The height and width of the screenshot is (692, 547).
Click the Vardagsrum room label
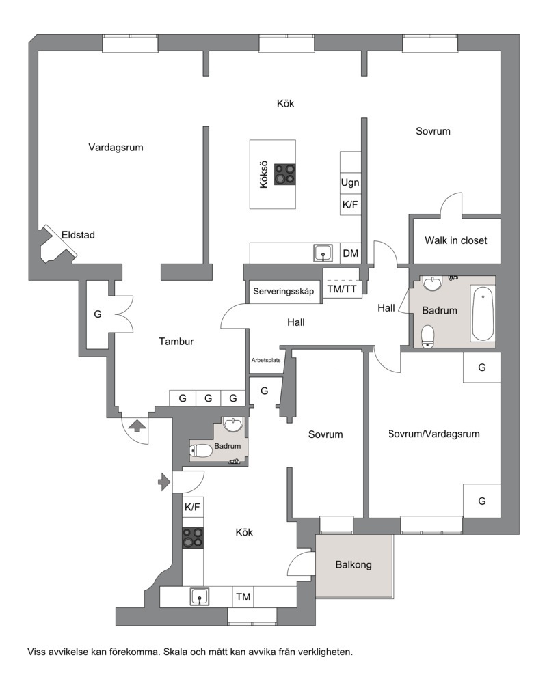116,148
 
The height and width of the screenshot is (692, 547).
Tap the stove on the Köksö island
285,174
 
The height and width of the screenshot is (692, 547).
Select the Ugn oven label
350,182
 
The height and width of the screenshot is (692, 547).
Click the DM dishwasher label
350,253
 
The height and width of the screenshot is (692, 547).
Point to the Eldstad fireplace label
78,235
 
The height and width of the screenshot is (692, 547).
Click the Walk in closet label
456,240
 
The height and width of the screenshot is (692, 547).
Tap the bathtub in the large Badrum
483,314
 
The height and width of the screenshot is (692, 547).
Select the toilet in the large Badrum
428,337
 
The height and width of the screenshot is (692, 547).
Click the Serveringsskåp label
283,291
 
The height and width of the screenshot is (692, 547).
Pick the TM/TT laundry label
342,290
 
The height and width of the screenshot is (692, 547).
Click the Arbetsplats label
266,360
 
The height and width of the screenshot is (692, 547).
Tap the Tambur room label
176,341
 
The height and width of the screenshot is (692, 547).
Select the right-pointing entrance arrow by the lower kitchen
164,482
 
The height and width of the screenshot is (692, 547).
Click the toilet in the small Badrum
200,451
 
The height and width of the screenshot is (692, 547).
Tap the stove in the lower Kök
193,538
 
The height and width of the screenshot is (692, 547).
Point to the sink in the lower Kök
200,596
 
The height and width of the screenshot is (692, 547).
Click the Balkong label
353,564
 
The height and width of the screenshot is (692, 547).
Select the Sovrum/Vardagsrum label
434,434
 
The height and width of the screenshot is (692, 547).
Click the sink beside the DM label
323,253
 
